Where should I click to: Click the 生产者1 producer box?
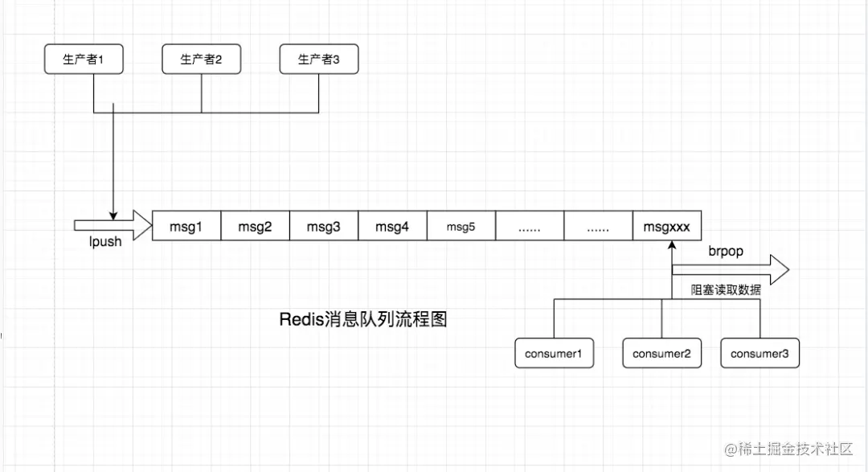click(84, 60)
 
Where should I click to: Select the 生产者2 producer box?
click(201, 60)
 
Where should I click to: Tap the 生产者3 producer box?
click(319, 60)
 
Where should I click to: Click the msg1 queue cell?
click(186, 227)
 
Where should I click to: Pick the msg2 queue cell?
click(255, 227)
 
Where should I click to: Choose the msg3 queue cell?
click(323, 227)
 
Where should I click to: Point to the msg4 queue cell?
click(392, 227)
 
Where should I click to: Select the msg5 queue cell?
click(461, 227)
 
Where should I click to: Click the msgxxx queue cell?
click(666, 227)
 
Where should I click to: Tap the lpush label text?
click(104, 242)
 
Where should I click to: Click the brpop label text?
click(726, 251)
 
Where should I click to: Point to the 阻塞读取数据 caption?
click(726, 290)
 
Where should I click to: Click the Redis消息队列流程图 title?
click(362, 319)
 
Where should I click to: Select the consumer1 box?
click(554, 354)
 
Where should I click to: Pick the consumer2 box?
click(661, 354)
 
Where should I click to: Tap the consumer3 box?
click(759, 354)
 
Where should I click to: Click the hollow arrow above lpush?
click(113, 225)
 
